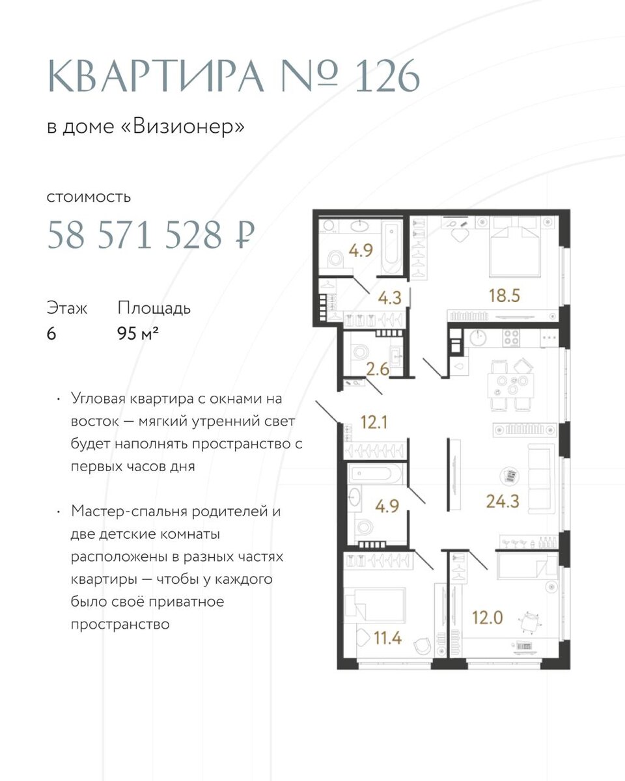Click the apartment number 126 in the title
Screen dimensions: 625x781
387,76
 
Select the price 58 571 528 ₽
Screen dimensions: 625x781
150,234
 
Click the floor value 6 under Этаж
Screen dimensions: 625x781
51,333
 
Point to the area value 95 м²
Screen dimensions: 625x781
138,333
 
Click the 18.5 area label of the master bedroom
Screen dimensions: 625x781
505,295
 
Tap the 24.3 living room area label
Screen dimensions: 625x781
503,501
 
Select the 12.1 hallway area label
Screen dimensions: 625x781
374,422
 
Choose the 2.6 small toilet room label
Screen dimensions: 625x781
378,370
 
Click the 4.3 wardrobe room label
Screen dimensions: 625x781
390,298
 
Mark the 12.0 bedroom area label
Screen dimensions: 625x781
488,618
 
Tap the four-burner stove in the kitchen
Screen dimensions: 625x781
511,336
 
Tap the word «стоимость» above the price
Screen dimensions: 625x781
89,197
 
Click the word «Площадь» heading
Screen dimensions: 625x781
154,308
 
